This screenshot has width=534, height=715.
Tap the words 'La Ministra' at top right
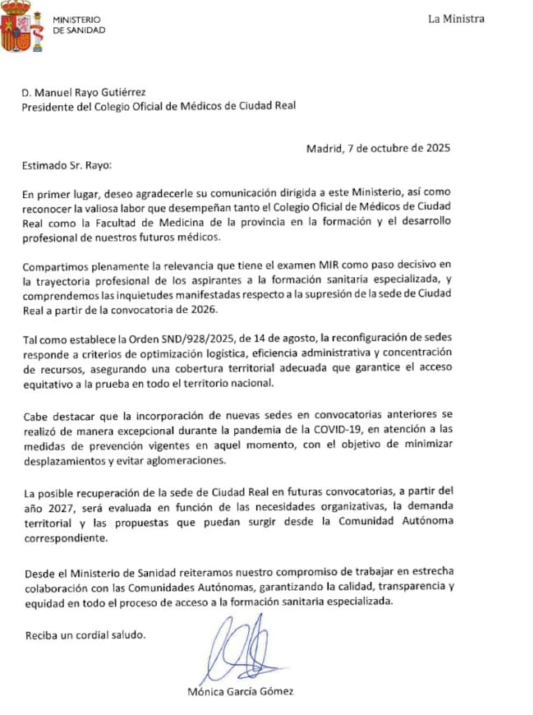click(x=456, y=19)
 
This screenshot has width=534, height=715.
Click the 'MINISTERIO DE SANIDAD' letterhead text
click(x=79, y=24)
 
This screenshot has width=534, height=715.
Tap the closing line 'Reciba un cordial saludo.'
click(x=85, y=634)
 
